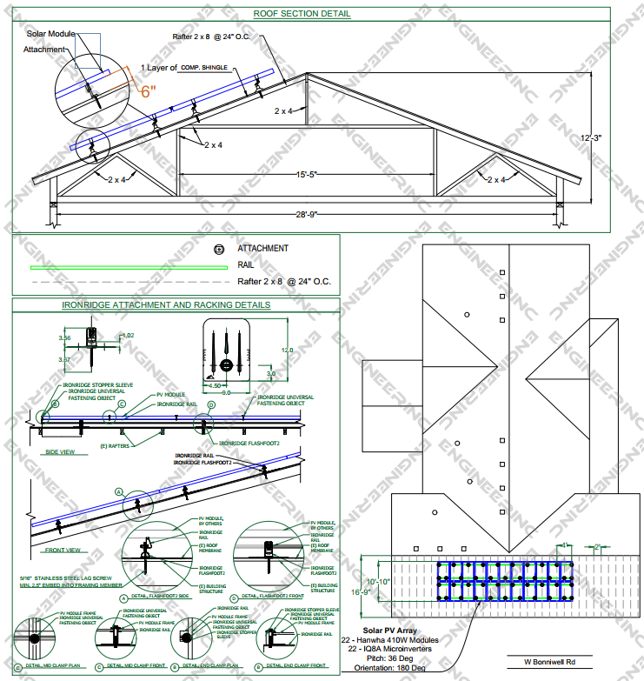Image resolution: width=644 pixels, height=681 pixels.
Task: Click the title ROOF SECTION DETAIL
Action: pyautogui.click(x=302, y=14)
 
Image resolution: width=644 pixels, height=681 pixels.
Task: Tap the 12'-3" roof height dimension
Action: pyautogui.click(x=594, y=137)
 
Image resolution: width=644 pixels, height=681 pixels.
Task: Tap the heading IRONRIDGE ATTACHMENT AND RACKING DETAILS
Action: pyautogui.click(x=166, y=305)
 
